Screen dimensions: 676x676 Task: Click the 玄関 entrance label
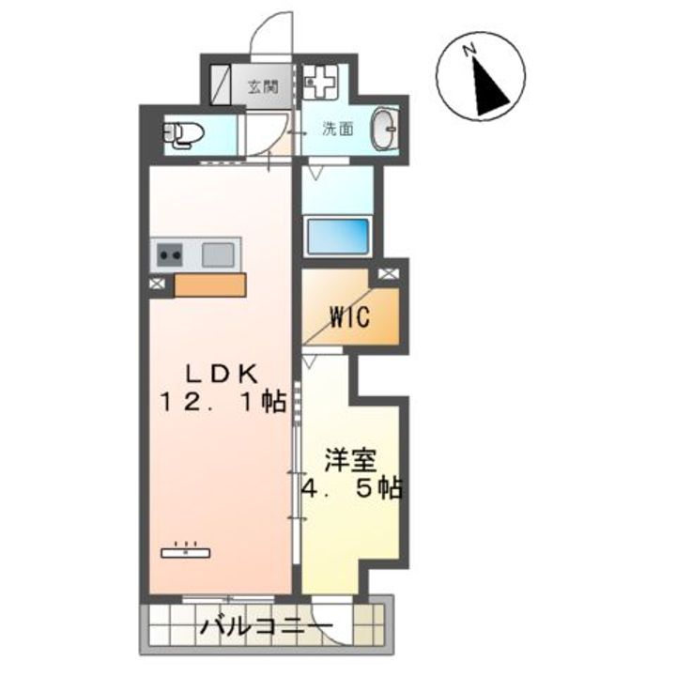(262, 88)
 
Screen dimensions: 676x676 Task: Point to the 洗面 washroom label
(338, 129)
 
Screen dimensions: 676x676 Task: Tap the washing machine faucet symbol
(320, 84)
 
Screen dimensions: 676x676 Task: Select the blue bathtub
(339, 235)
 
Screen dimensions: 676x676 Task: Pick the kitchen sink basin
(217, 253)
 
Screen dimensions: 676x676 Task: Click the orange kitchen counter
(209, 284)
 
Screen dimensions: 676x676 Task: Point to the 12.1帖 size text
(222, 403)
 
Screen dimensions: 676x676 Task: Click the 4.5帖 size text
(351, 489)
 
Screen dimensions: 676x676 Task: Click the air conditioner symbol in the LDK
(186, 551)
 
